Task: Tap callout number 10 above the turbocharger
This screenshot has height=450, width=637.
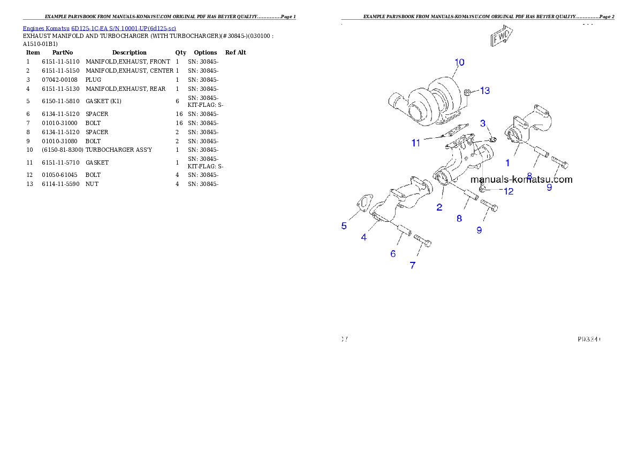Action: pyautogui.click(x=459, y=62)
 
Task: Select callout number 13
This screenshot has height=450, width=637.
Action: pyautogui.click(x=484, y=91)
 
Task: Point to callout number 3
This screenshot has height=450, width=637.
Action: pyautogui.click(x=483, y=123)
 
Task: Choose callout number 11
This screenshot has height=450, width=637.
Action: pyautogui.click(x=416, y=143)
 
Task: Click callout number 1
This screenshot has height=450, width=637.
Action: pyautogui.click(x=507, y=162)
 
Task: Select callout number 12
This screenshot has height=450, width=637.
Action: pyautogui.click(x=508, y=191)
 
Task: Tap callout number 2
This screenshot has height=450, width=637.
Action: pyautogui.click(x=439, y=207)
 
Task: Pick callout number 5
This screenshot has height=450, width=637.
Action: pyautogui.click(x=344, y=226)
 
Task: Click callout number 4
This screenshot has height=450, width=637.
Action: pyautogui.click(x=364, y=237)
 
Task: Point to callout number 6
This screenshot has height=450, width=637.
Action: pyautogui.click(x=393, y=254)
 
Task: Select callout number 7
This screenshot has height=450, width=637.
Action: pyautogui.click(x=412, y=265)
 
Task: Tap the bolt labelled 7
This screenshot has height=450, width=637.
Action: pyautogui.click(x=422, y=241)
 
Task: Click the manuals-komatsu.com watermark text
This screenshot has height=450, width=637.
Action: pyautogui.click(x=521, y=180)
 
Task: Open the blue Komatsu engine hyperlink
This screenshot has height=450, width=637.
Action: pyautogui.click(x=99, y=28)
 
